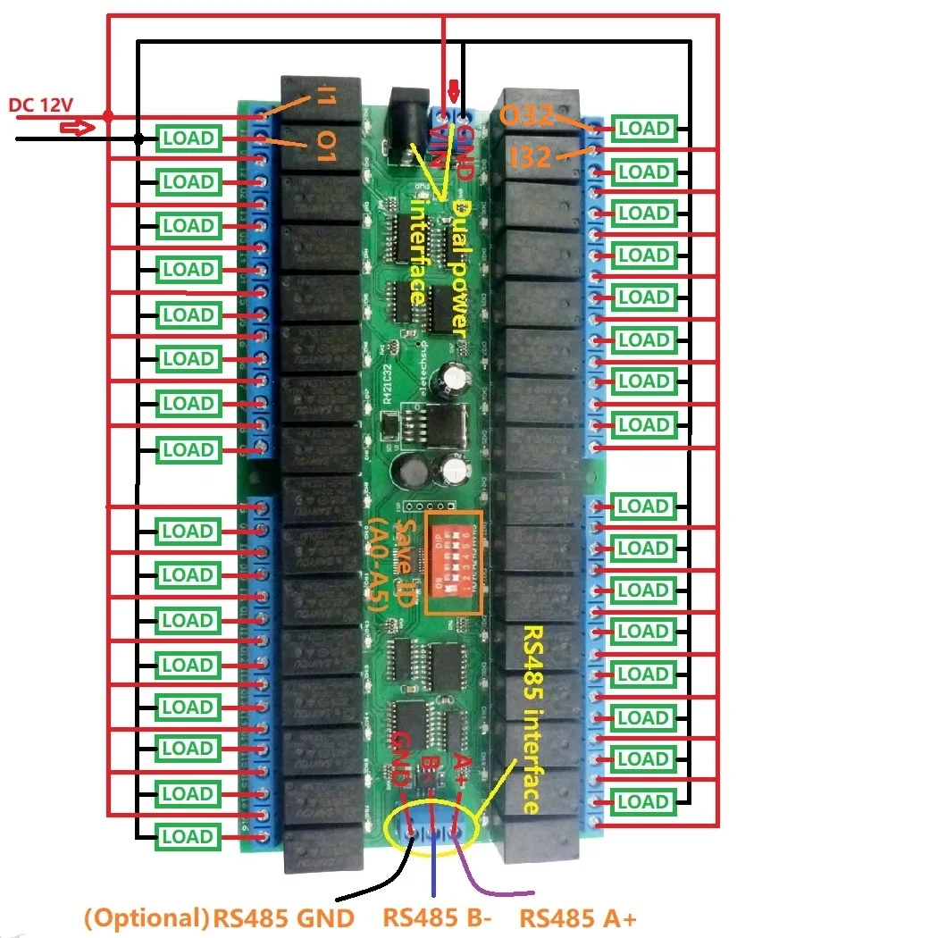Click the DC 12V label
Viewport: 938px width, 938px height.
click(40, 105)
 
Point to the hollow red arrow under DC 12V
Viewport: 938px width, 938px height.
click(77, 128)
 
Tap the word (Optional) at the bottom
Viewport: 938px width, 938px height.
click(146, 917)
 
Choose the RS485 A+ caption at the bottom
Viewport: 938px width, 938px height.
click(578, 917)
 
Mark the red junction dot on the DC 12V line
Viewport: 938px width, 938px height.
click(108, 116)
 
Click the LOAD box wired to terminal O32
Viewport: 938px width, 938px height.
click(643, 129)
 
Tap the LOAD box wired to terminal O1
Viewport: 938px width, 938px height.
click(188, 138)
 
